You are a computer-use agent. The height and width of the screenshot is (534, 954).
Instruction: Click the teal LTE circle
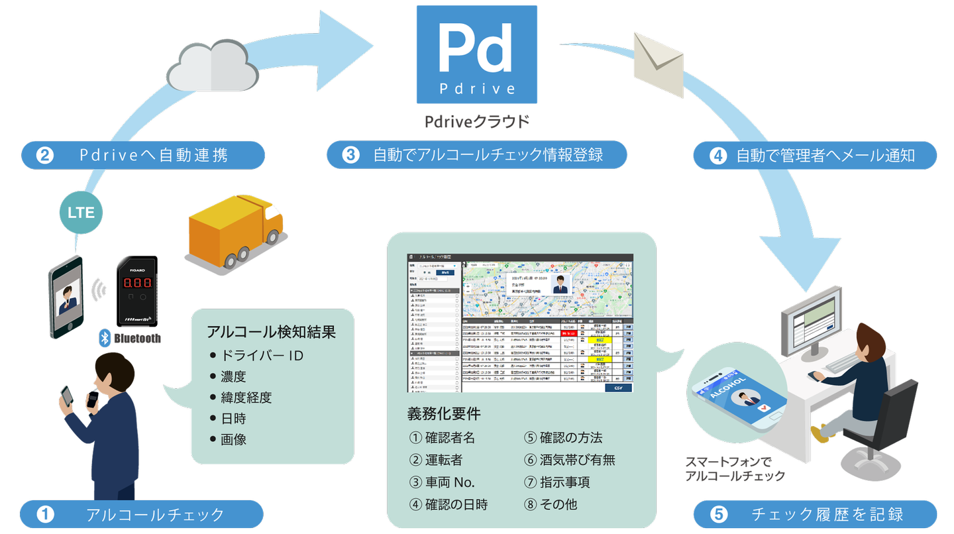(81, 213)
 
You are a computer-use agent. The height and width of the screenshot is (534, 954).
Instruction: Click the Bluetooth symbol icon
(104, 338)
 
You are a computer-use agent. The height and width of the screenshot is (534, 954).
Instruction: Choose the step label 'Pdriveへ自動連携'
(144, 155)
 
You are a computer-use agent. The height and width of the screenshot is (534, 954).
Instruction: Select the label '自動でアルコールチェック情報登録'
(477, 155)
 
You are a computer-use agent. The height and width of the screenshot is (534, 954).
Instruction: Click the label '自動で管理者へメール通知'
(815, 156)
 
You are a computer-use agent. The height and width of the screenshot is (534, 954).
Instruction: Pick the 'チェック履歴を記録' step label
(816, 514)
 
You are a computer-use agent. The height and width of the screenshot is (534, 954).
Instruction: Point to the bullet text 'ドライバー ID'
(262, 356)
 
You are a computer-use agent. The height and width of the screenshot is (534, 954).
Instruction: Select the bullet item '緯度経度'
(246, 398)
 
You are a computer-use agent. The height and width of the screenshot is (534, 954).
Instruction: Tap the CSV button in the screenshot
(617, 388)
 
